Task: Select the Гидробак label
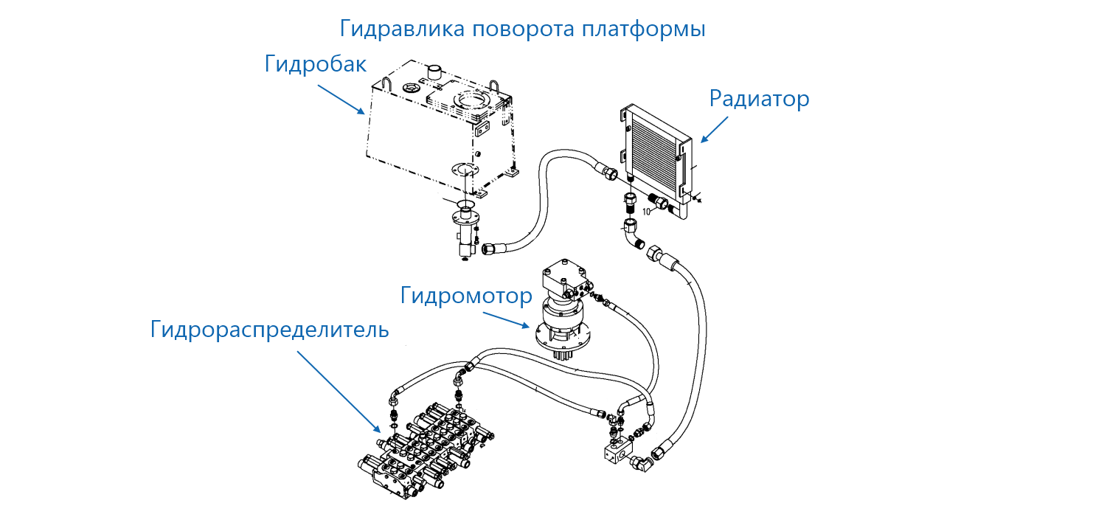[315, 64]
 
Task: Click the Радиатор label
[759, 98]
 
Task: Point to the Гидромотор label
[466, 296]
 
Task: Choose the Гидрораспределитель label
[269, 329]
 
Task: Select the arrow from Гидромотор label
[506, 319]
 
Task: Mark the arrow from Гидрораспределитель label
[339, 391]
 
